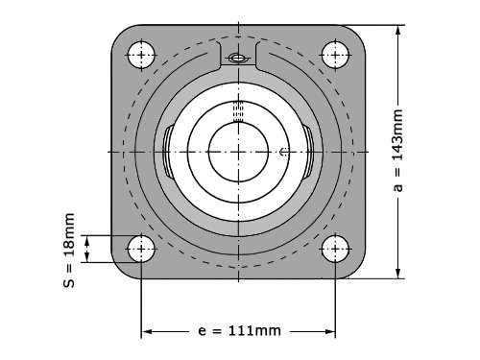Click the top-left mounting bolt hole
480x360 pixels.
[141, 55]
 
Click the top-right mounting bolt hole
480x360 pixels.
[335, 55]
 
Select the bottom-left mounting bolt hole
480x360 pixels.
[141, 249]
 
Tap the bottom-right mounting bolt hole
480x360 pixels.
[335, 249]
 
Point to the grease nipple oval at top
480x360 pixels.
[238, 59]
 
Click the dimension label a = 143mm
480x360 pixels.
[397, 151]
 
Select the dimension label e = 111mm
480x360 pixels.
[239, 330]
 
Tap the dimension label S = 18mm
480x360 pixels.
[69, 251]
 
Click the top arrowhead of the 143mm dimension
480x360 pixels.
[397, 31]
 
